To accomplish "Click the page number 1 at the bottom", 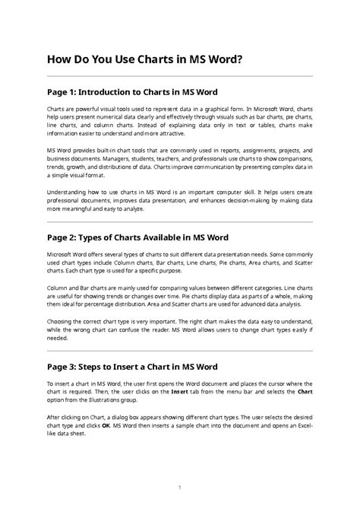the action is click(180, 487).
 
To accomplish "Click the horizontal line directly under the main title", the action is click(180, 76).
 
